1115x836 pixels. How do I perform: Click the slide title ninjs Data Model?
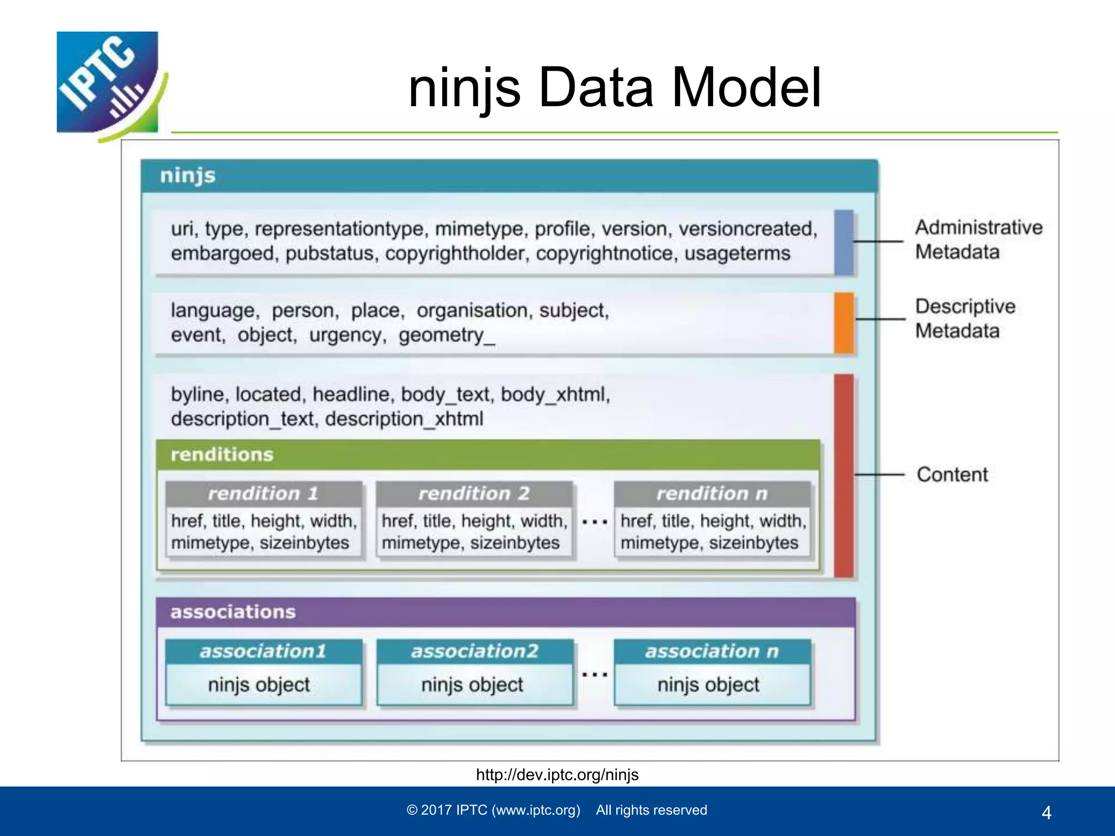614,88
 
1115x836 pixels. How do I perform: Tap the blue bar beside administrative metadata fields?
843,242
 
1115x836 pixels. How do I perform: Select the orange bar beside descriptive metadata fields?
843,323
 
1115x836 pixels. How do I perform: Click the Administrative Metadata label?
978,239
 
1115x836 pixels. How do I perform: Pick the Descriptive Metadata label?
965,318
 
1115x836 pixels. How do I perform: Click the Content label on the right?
952,475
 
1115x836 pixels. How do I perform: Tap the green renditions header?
487,455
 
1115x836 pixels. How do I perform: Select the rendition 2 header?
474,494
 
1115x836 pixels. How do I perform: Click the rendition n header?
712,494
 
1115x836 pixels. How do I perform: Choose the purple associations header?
505,612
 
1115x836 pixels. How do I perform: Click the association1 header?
264,651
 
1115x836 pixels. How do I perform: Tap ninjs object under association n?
708,685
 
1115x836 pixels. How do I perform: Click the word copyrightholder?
456,254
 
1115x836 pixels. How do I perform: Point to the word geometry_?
446,335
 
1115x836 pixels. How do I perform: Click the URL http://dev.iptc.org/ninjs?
557,774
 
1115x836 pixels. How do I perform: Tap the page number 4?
1046,813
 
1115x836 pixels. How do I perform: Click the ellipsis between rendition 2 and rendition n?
594,522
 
